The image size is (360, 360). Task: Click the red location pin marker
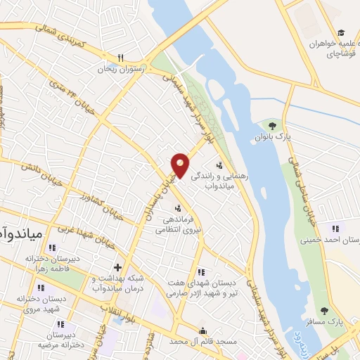click(181, 165)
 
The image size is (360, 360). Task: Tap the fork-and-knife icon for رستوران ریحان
click(120, 58)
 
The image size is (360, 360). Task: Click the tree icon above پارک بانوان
click(272, 127)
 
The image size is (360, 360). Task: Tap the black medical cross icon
click(117, 267)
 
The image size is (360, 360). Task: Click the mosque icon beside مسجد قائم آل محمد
click(203, 332)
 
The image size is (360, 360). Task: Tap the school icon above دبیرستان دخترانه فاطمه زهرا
click(51, 248)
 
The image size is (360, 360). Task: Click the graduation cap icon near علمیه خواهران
click(342, 32)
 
